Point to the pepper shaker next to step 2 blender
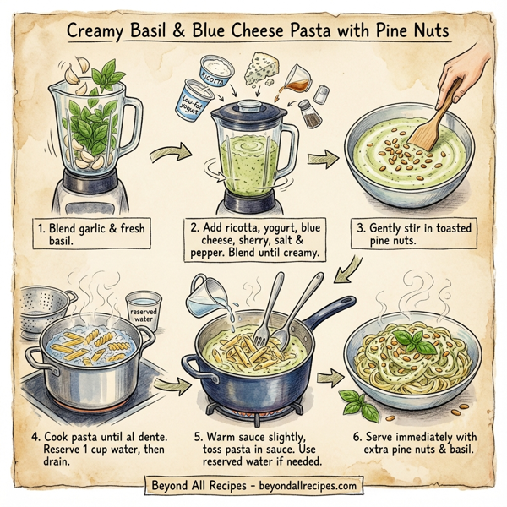pos(306,115)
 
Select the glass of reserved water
pos(144,310)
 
